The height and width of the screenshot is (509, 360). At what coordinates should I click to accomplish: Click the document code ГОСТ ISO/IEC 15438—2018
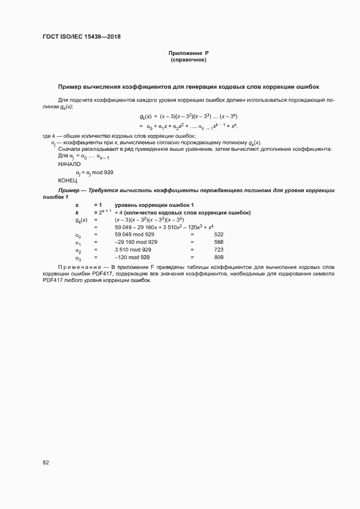pyautogui.click(x=82, y=37)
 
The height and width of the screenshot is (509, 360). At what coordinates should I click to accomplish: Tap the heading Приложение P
pyautogui.click(x=188, y=53)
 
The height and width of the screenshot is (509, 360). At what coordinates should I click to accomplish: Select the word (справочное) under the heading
pyautogui.click(x=188, y=60)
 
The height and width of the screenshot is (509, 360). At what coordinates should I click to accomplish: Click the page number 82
pyautogui.click(x=46, y=463)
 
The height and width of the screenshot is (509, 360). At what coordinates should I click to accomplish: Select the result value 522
pyautogui.click(x=219, y=234)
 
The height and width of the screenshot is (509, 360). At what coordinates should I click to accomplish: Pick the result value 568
pyautogui.click(x=219, y=242)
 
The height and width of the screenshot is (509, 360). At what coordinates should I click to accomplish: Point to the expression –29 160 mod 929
pyautogui.click(x=136, y=242)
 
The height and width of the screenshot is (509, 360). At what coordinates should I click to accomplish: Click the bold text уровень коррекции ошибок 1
pyautogui.click(x=151, y=204)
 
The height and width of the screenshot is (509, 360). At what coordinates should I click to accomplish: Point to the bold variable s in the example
pyautogui.click(x=77, y=204)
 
